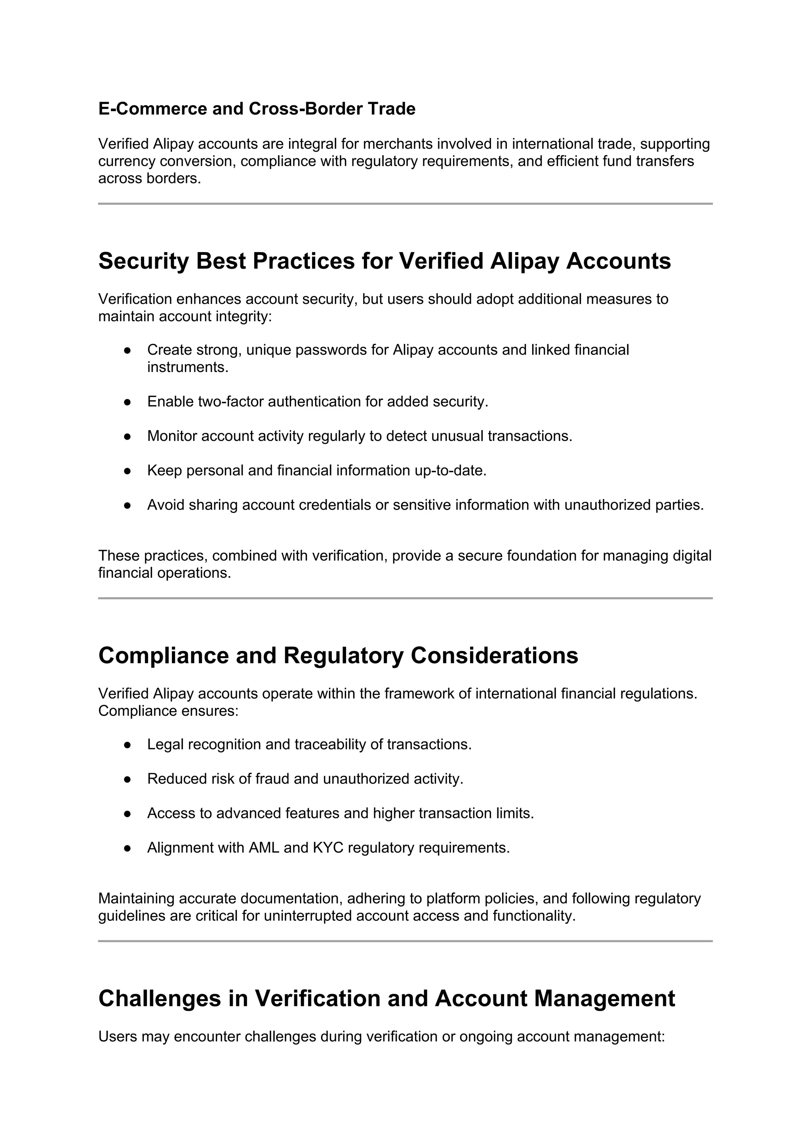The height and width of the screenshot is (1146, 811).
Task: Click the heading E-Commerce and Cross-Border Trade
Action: (257, 109)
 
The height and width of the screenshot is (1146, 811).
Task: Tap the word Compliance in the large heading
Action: (163, 655)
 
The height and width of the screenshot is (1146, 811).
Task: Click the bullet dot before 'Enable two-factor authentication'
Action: (128, 402)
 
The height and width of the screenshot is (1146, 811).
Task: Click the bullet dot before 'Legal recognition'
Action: (128, 745)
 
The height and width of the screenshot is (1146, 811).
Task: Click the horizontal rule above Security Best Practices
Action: (405, 204)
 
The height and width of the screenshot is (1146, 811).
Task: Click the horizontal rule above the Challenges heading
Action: (405, 941)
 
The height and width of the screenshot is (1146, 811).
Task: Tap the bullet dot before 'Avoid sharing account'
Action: (128, 505)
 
